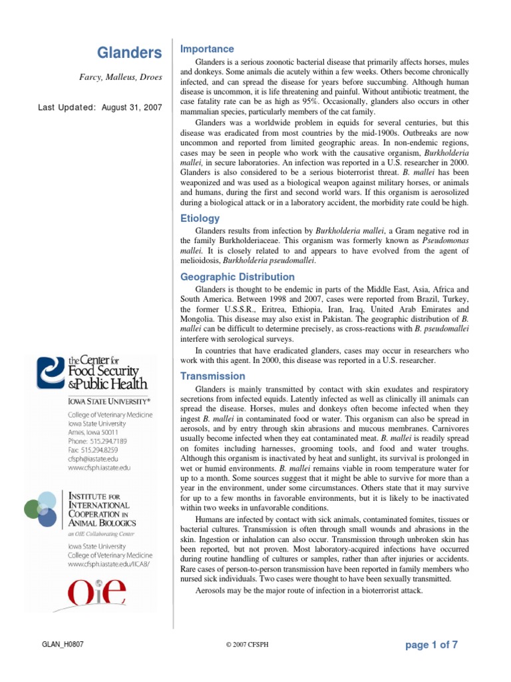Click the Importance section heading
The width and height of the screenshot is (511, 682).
click(207, 49)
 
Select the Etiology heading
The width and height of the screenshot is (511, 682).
click(200, 218)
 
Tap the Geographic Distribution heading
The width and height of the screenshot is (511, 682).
click(238, 276)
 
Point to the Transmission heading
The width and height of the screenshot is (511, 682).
click(213, 376)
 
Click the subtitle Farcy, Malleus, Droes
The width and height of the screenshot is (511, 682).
click(120, 77)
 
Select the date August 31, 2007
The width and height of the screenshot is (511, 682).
click(132, 107)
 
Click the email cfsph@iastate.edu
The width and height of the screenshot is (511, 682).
click(94, 458)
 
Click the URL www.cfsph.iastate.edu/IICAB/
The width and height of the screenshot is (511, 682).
click(110, 563)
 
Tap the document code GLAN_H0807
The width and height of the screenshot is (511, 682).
click(63, 645)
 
